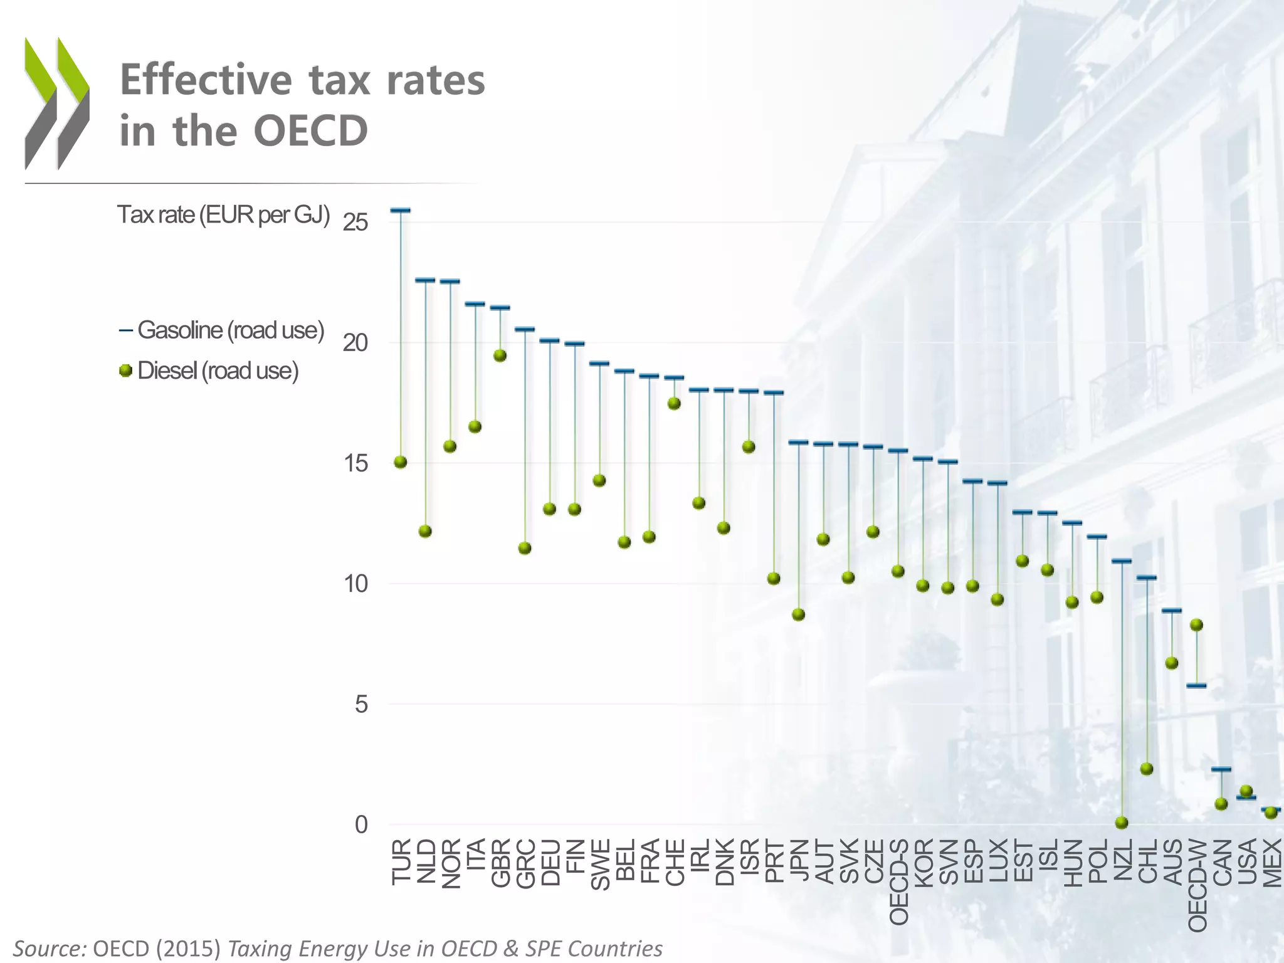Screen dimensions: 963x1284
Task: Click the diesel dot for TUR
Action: coord(401,462)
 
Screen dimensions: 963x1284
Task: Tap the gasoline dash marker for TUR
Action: coord(401,211)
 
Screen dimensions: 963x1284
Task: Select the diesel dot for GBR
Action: coord(500,355)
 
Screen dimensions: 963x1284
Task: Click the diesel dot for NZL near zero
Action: coord(1122,823)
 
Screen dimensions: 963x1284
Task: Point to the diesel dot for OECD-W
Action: coord(1196,624)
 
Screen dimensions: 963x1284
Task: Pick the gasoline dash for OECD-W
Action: coord(1196,685)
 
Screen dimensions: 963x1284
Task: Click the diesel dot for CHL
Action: coord(1147,769)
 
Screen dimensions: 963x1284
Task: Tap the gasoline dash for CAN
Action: coord(1221,769)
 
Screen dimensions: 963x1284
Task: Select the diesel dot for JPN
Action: coord(798,614)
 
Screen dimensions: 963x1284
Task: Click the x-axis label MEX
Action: coord(1272,864)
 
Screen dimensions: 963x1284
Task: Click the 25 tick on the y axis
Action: coord(355,223)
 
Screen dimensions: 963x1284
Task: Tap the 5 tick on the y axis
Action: coord(361,705)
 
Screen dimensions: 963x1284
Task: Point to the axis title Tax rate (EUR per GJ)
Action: coord(223,215)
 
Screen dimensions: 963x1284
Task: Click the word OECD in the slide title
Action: coord(310,131)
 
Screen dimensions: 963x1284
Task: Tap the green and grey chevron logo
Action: coord(57,103)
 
